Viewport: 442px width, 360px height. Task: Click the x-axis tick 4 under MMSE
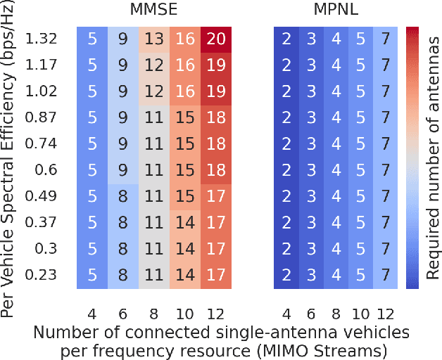pos(91,314)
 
